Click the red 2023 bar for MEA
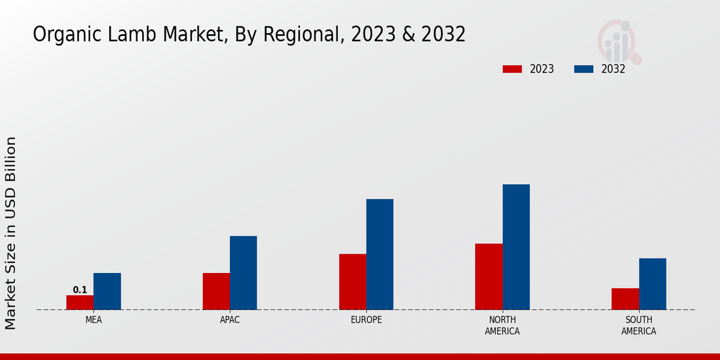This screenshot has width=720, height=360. (80, 302)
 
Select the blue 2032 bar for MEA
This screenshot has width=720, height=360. (107, 292)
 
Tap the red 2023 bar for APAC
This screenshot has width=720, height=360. (216, 292)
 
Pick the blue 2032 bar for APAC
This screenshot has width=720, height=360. (243, 273)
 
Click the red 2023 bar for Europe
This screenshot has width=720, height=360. (352, 282)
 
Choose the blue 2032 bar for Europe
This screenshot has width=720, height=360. (380, 254)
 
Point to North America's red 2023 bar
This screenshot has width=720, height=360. (488, 277)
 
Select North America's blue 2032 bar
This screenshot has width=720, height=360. (516, 247)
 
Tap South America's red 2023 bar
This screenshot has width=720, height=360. (625, 299)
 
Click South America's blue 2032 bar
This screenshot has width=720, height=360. (652, 284)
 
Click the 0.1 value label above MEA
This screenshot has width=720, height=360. (80, 290)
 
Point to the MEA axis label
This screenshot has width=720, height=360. (94, 320)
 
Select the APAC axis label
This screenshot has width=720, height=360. (230, 320)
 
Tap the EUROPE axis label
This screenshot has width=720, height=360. (366, 320)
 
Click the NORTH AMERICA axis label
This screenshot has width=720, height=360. (502, 325)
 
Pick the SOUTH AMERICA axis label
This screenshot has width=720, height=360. (638, 325)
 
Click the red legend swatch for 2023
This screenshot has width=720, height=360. (512, 69)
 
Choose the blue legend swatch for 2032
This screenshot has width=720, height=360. (584, 69)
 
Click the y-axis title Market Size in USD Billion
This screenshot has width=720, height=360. (11, 233)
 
